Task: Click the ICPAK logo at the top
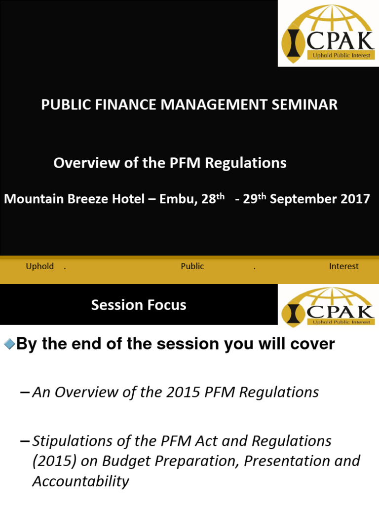point(328,34)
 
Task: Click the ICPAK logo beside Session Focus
point(328,307)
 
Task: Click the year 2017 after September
point(354,199)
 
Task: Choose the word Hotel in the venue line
point(128,199)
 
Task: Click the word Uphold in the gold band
point(39,266)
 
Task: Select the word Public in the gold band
point(192,266)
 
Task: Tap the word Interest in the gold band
point(343,266)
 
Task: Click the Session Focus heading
point(139,305)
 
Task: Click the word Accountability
point(80,481)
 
